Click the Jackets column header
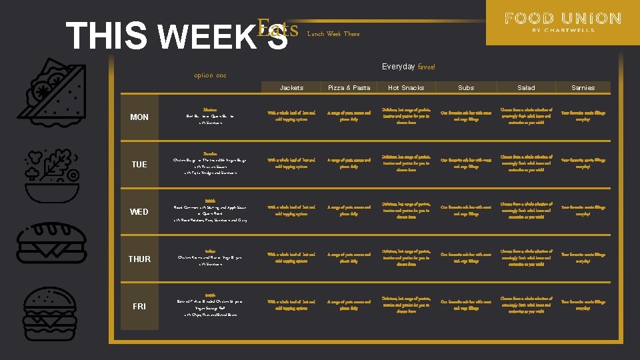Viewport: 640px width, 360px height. point(291,87)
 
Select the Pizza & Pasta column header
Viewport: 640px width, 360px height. point(349,87)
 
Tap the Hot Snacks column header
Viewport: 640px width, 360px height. point(406,87)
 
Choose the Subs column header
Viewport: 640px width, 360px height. point(466,87)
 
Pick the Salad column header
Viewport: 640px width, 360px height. point(526,87)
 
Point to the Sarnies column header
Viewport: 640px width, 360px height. point(583,87)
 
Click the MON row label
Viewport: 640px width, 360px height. point(139,117)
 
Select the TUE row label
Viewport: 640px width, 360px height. point(139,165)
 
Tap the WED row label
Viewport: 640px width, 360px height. point(139,212)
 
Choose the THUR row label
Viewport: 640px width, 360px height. point(139,259)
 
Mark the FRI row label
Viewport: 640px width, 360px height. point(139,307)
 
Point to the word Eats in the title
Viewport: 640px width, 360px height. point(277,29)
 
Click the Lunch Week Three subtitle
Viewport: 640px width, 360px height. point(333,34)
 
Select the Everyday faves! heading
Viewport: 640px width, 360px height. point(409,67)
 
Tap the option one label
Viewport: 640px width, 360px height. point(210,75)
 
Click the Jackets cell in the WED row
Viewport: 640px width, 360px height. point(291,211)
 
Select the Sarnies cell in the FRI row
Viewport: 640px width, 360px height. point(583,305)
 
